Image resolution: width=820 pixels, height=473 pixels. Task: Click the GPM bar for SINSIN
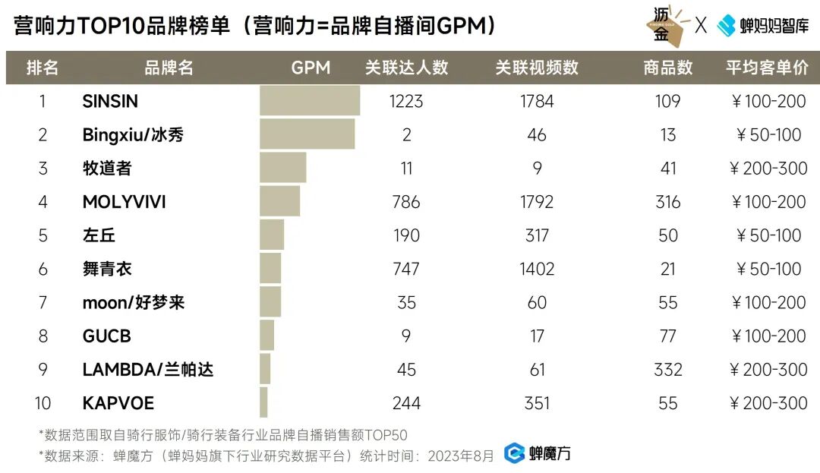click(x=310, y=101)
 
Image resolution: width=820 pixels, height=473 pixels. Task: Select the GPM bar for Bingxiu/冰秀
click(x=307, y=134)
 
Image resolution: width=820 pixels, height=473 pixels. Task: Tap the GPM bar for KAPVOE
click(x=263, y=402)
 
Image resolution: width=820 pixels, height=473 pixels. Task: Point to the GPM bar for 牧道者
click(x=282, y=168)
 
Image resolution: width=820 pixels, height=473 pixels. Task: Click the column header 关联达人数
click(x=406, y=68)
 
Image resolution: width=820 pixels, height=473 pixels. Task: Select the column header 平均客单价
click(x=767, y=68)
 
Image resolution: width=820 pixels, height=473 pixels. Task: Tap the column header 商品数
click(x=667, y=68)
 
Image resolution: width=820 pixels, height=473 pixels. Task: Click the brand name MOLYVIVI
click(x=124, y=202)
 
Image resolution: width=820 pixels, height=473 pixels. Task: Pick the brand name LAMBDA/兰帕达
click(x=147, y=370)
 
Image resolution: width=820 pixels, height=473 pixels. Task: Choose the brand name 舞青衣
click(x=107, y=269)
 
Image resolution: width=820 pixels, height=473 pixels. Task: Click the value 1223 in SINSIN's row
click(x=406, y=101)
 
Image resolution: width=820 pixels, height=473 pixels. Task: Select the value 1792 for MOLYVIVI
click(x=537, y=202)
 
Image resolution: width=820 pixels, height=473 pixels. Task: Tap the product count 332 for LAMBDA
click(x=667, y=370)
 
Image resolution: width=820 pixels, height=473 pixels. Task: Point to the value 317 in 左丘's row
click(x=537, y=235)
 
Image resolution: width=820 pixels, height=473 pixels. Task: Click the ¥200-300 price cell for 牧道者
click(x=768, y=168)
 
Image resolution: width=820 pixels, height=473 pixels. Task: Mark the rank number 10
click(x=43, y=403)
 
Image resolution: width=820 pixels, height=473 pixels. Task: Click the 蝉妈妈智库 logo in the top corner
click(x=763, y=25)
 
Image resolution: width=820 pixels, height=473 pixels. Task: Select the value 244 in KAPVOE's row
click(x=406, y=403)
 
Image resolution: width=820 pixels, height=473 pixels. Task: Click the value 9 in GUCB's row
click(x=406, y=336)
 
